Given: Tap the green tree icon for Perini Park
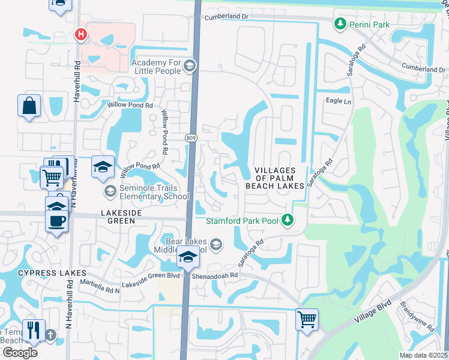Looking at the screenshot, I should tap(340, 24).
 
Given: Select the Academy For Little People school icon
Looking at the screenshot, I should tap(190, 66).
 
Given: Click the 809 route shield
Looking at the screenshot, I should tap(190, 139).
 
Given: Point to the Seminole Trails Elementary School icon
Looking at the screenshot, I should tap(110, 191).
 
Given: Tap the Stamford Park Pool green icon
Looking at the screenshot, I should tap(288, 221).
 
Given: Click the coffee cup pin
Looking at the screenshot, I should tap(57, 220).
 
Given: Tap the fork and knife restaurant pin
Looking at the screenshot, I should tap(33, 329).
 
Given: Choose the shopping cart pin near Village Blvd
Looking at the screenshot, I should tap(307, 318).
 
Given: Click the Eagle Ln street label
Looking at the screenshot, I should tap(338, 101).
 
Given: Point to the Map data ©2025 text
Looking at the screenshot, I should tap(423, 355).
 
